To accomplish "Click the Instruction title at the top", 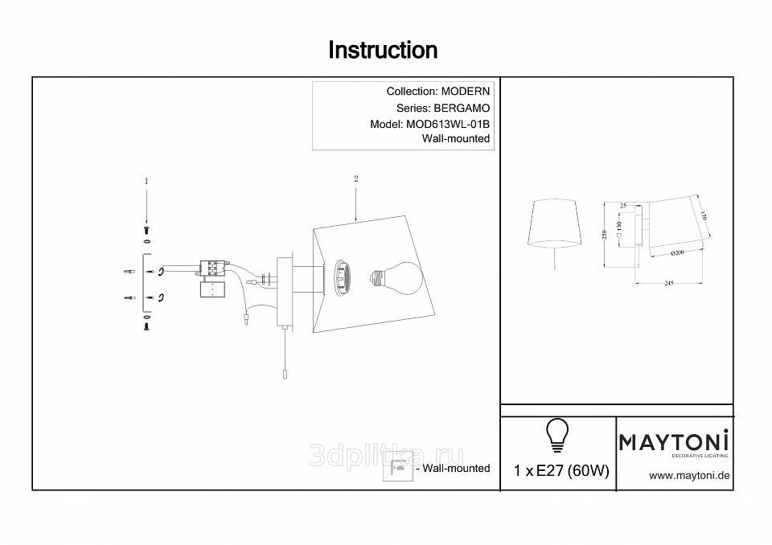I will point(383,51).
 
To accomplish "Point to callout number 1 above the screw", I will point(146,182).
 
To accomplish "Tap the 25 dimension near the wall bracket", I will point(623,207).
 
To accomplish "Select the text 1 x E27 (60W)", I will point(561,472).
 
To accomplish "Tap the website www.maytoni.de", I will point(688,475).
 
